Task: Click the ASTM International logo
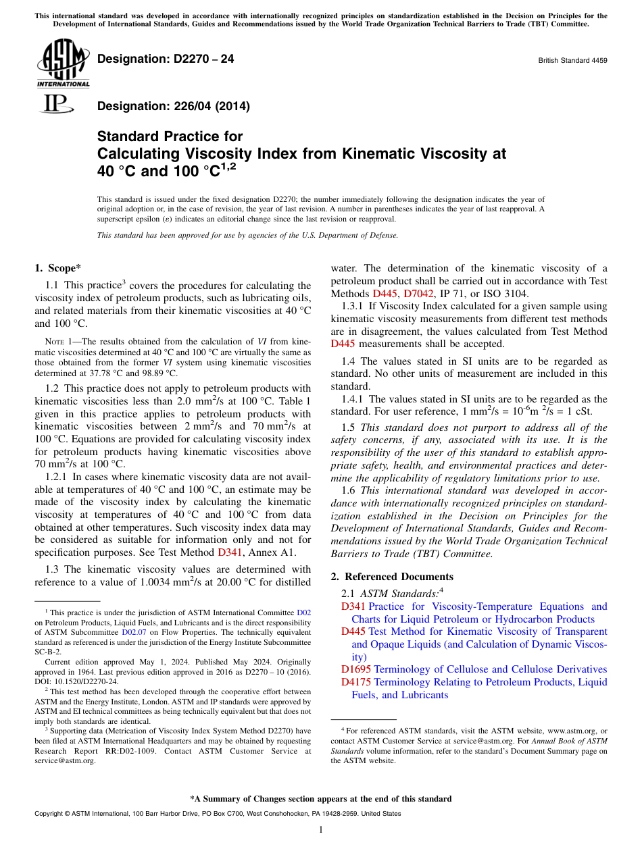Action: click(x=62, y=64)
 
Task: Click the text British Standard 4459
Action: click(x=572, y=60)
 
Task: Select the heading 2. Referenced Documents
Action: click(x=392, y=576)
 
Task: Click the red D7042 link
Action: click(x=418, y=293)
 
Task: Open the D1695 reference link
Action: click(x=356, y=669)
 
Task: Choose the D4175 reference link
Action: click(x=356, y=682)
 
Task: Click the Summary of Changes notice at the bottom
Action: click(x=320, y=799)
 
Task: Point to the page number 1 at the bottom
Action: click(x=321, y=829)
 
